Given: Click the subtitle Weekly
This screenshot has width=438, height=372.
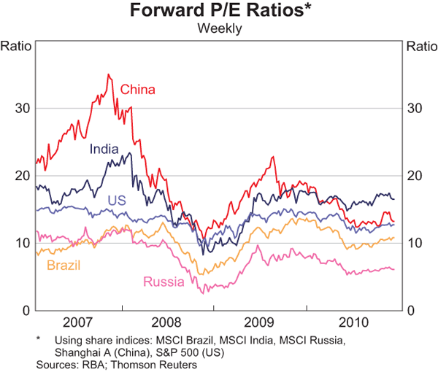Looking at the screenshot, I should coord(219,29).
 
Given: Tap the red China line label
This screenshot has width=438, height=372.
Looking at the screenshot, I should coord(138,90).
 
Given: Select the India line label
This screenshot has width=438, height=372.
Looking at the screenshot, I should coord(105,149).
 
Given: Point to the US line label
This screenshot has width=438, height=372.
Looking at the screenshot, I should coord(118,200).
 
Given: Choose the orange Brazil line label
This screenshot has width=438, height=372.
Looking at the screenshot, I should coord(64,264).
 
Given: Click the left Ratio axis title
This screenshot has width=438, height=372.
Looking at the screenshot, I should coord(16,46).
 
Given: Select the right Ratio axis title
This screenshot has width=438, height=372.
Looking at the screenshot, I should coord(420,46).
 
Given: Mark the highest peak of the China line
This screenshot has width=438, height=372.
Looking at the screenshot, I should coord(108,74).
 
